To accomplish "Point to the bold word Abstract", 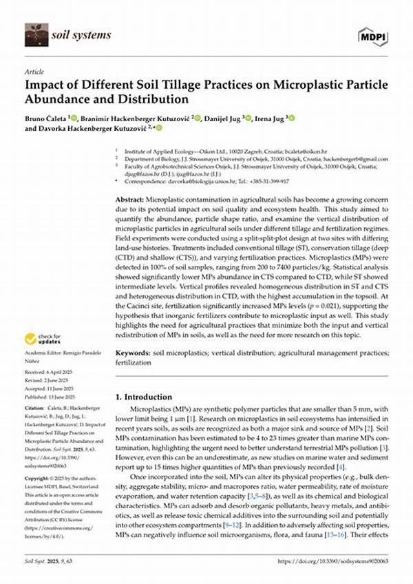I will [130, 198].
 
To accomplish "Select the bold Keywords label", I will [132, 353].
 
